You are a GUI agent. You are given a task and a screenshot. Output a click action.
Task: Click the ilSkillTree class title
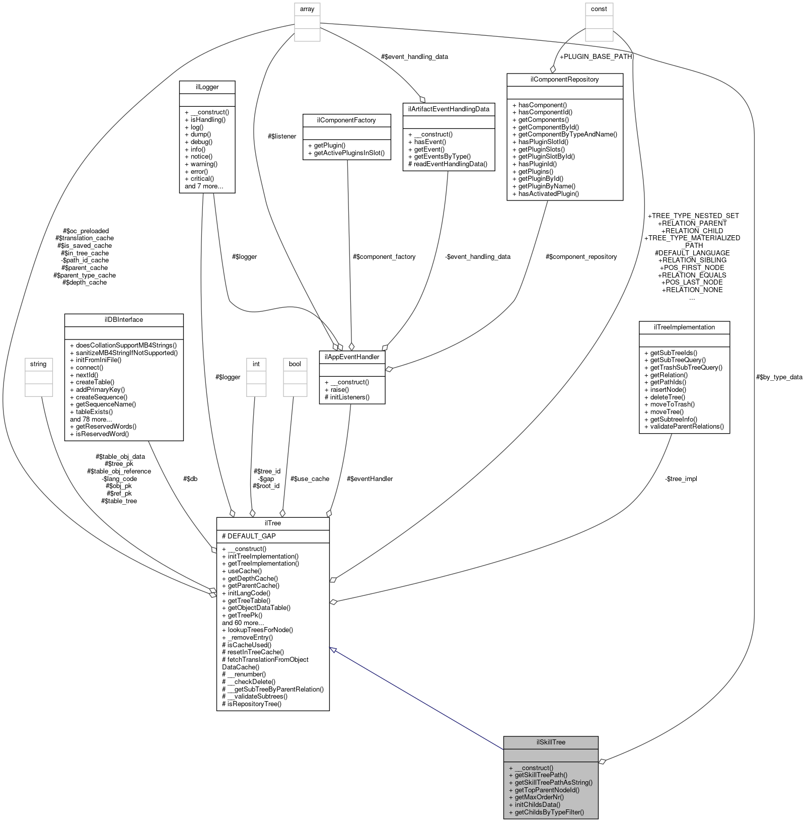[x=551, y=742]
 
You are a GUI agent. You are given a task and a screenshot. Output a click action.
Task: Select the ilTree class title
[x=272, y=523]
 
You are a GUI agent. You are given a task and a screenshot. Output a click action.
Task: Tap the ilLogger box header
[x=207, y=87]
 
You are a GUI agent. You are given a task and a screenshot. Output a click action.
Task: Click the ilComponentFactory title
[x=346, y=120]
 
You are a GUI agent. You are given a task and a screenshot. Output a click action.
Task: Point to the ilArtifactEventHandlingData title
[x=448, y=109]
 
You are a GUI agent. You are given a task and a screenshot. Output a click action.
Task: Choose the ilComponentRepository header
[x=564, y=79]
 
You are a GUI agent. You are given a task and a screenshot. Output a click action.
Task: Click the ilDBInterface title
[x=123, y=319]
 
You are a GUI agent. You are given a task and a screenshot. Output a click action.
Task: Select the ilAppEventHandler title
[x=352, y=357]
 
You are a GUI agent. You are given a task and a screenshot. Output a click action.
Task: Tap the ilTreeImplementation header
[x=684, y=327]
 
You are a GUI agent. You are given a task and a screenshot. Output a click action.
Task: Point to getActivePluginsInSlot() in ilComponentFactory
[x=349, y=153]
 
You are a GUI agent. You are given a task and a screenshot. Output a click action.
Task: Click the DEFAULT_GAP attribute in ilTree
[x=251, y=536]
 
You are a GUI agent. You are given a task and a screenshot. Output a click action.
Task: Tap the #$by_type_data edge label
[x=779, y=377]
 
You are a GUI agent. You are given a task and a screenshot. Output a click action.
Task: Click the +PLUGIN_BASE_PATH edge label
[x=595, y=56]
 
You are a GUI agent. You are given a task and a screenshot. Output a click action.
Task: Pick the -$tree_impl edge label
[x=681, y=478]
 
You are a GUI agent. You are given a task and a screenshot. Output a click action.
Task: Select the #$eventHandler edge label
[x=370, y=478]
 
